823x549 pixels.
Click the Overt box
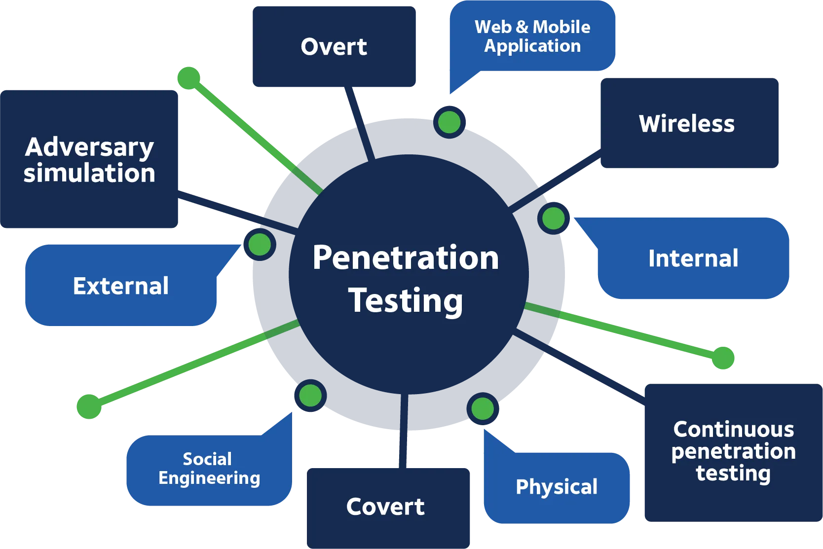(335, 47)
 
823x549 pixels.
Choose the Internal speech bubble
(693, 258)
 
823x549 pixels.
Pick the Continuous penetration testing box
(733, 452)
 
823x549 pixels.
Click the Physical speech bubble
(557, 487)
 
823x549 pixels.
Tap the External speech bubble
(120, 286)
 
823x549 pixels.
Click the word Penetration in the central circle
(406, 257)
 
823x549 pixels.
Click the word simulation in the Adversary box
(89, 173)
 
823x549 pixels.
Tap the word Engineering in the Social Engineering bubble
(209, 478)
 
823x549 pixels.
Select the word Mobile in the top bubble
(561, 27)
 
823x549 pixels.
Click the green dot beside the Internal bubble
(553, 218)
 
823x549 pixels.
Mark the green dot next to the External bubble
(260, 244)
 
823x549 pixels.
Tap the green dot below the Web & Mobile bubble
(449, 122)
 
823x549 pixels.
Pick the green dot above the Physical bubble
(482, 408)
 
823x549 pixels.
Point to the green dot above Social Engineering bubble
(310, 396)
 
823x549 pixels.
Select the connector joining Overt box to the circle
(354, 106)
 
